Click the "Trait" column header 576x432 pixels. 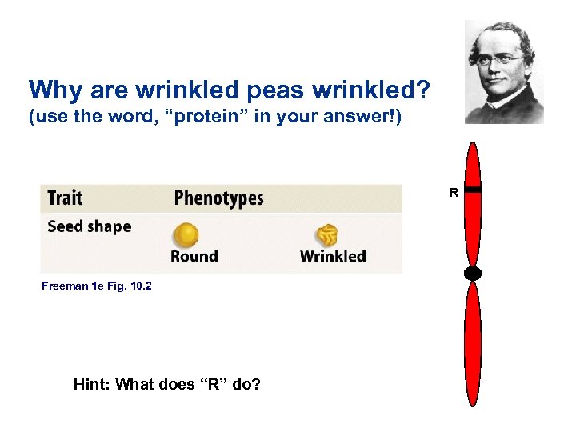(65, 198)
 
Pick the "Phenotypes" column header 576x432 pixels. (218, 198)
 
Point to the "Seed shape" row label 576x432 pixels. (89, 226)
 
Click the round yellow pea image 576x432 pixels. (186, 235)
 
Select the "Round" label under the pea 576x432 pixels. (194, 257)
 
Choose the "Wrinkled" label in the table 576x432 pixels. (333, 257)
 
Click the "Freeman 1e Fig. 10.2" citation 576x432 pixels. (96, 286)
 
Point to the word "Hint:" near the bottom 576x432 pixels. (92, 384)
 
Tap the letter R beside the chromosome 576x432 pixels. (454, 193)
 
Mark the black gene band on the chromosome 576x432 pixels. (473, 190)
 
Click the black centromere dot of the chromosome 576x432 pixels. (473, 274)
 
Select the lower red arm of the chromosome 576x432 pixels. (473, 344)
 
